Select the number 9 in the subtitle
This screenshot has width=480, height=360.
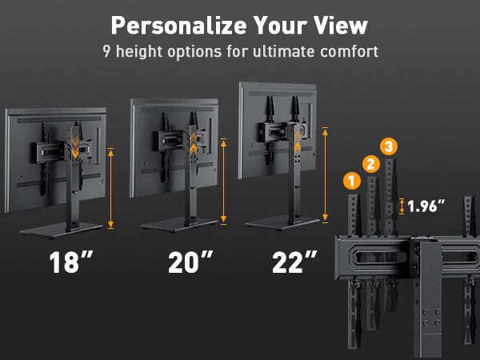coord(106,52)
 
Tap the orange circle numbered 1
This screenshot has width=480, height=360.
coord(350,181)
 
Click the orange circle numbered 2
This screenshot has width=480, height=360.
coord(370,164)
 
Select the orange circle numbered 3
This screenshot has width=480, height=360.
coord(389,146)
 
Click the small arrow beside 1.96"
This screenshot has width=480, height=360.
coord(402,206)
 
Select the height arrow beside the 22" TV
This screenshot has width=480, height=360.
coord(325,174)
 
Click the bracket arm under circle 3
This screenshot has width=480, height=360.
coord(390,192)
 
